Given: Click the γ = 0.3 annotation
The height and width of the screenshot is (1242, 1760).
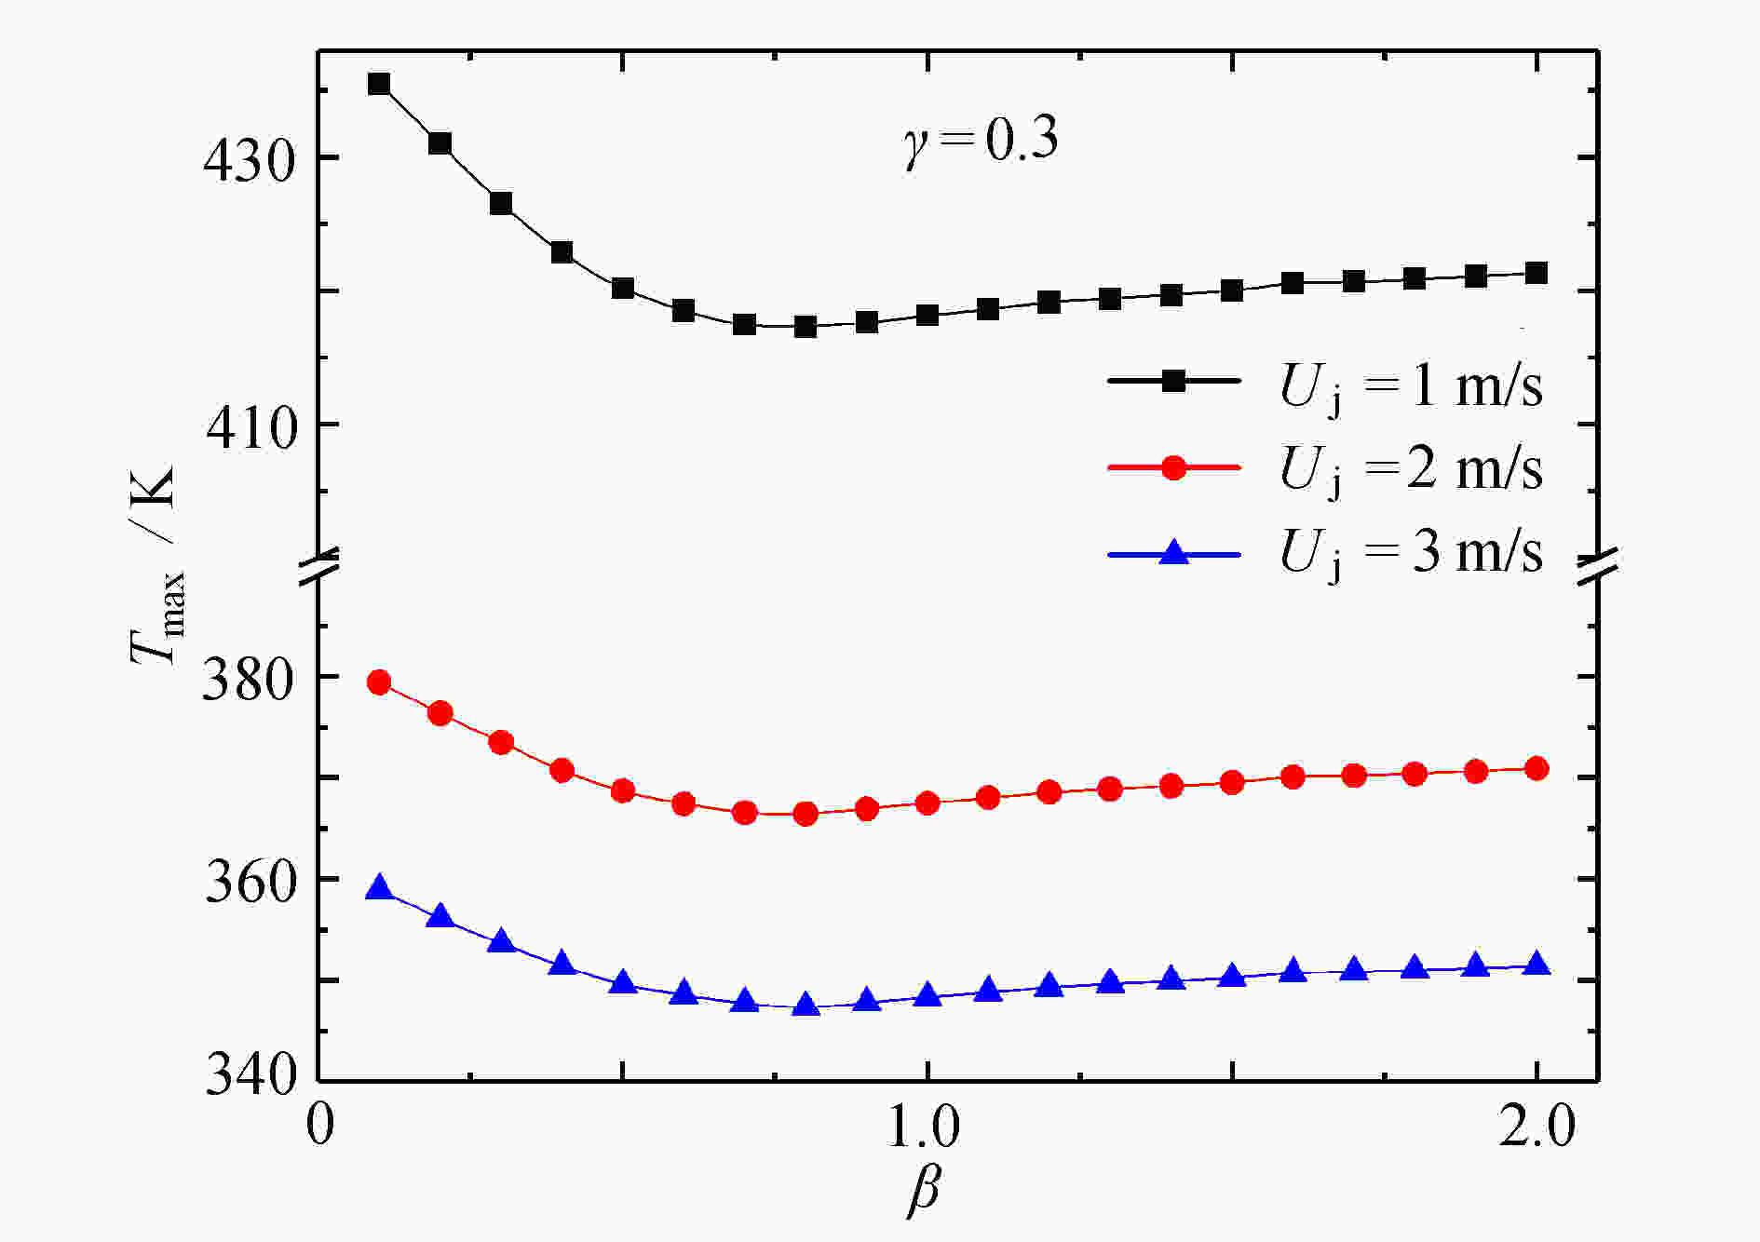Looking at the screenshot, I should pos(981,142).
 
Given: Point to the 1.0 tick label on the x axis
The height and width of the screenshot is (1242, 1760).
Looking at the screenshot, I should pos(924,1127).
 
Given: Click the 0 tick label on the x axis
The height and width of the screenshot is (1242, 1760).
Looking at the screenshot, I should pos(319,1127).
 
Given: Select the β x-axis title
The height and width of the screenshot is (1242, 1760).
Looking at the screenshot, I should pos(924,1191).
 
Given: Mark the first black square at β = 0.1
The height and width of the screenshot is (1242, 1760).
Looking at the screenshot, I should pos(379,84).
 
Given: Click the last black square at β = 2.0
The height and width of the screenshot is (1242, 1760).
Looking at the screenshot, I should pos(1537,273).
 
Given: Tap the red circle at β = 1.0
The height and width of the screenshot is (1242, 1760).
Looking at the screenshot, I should pos(927,803).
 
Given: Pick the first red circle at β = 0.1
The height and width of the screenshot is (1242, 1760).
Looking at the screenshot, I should pos(379,682).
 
